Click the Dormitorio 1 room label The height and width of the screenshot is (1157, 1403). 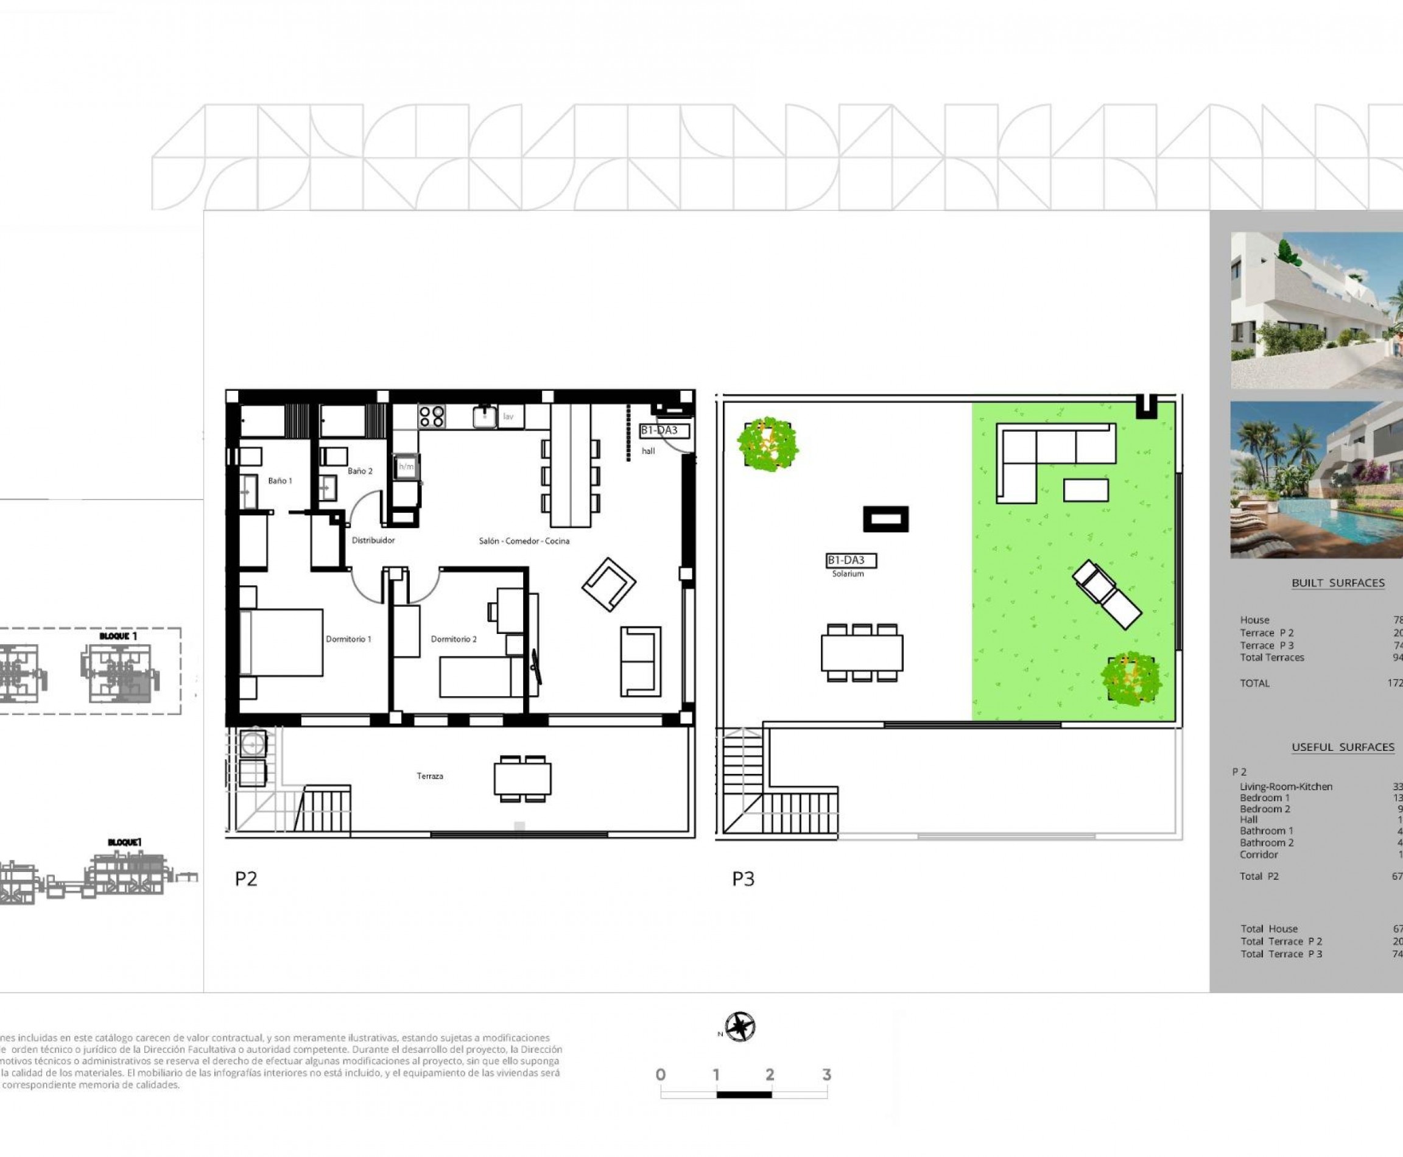click(348, 639)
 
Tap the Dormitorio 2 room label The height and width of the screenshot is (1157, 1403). click(453, 639)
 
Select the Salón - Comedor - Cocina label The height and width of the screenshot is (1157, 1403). click(524, 541)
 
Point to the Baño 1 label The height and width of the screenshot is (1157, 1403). click(280, 480)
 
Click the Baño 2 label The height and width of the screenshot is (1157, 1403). click(360, 471)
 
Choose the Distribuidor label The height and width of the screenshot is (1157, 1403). click(373, 541)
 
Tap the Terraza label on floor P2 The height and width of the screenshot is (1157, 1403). click(430, 776)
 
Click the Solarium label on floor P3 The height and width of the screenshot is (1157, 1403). click(848, 574)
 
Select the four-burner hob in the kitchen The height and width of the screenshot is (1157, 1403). click(431, 417)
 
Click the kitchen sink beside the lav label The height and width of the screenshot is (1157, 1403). click(485, 417)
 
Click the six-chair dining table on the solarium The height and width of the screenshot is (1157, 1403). click(862, 652)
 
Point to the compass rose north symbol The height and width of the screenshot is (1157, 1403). click(740, 1027)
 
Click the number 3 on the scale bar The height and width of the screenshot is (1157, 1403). click(826, 1075)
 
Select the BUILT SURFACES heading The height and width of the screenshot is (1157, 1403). click(1338, 583)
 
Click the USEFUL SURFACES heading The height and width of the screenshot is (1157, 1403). click(1342, 748)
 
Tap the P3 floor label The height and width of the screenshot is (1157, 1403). click(743, 879)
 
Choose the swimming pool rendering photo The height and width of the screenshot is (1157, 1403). click(1316, 480)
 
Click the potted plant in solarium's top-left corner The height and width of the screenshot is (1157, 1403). click(768, 444)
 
